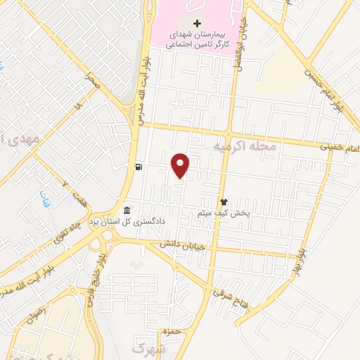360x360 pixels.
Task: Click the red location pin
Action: pyautogui.click(x=181, y=165)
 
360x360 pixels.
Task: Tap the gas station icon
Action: pyautogui.click(x=139, y=167)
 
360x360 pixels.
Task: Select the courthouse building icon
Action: pyautogui.click(x=127, y=210)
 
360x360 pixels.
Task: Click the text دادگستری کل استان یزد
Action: pyautogui.click(x=127, y=222)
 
